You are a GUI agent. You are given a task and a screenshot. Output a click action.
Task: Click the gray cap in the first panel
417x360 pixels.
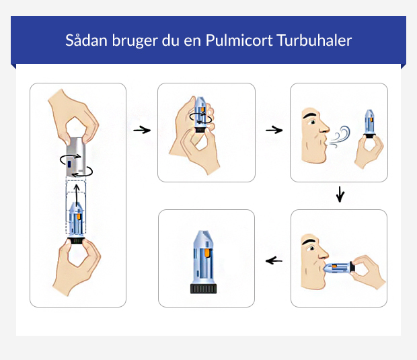[x=78, y=155]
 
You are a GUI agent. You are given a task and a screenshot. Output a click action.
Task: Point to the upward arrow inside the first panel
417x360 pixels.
[x=78, y=194]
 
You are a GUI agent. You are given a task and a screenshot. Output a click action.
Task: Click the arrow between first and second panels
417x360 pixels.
[x=141, y=130]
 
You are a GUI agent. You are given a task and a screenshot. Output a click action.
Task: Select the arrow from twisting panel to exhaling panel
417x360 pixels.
[x=273, y=130]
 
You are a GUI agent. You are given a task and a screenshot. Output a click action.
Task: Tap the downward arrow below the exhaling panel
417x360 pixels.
[x=340, y=195]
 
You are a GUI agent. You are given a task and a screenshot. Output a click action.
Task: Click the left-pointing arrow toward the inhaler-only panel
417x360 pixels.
[x=274, y=260]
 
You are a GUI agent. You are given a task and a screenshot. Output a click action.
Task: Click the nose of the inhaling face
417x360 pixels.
[x=323, y=254]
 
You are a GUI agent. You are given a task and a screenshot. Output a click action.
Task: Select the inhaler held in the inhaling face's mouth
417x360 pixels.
[x=340, y=268]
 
